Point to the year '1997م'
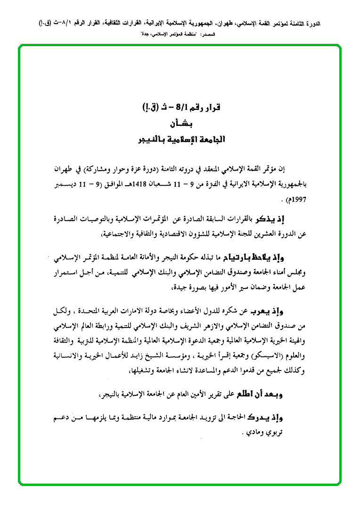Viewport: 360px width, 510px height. pyautogui.click(x=297, y=199)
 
